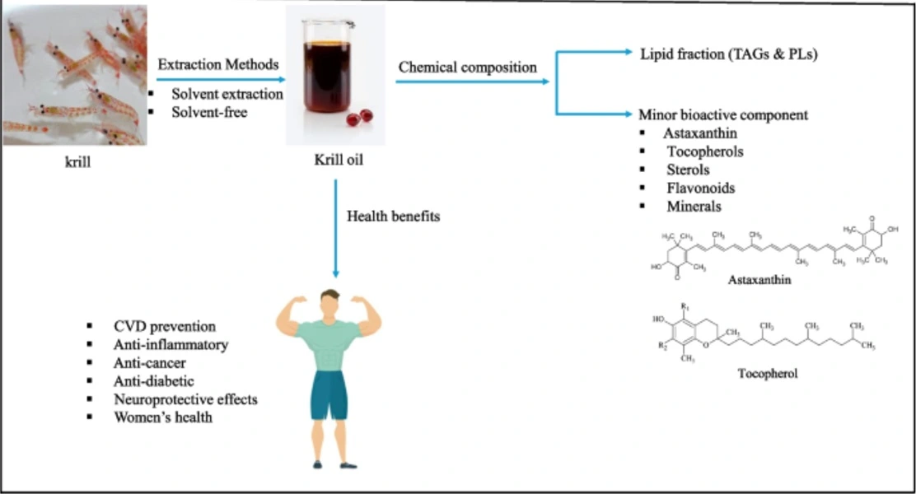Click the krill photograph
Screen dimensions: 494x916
[x=74, y=76]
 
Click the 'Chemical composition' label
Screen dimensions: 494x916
[x=467, y=67]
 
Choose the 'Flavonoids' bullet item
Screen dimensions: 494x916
[x=701, y=188]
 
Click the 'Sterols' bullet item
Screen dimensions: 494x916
[x=689, y=170]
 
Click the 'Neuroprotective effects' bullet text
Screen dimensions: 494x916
[x=186, y=399]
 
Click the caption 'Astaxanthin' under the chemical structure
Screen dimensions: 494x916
[x=759, y=280]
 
